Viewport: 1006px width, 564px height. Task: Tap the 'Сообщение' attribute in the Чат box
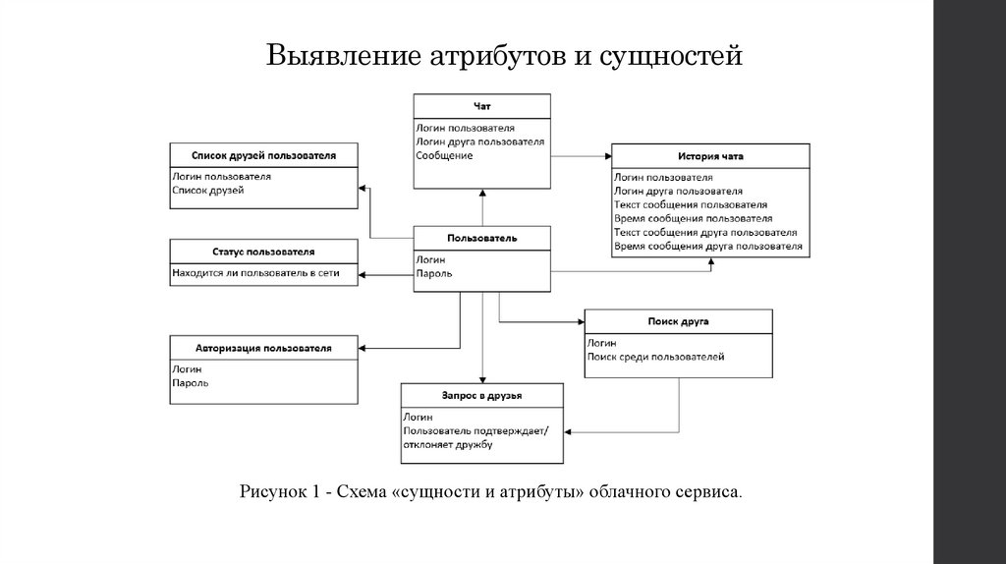pos(444,155)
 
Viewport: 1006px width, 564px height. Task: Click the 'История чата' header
pos(710,156)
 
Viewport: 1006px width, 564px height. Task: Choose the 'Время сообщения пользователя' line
pos(693,218)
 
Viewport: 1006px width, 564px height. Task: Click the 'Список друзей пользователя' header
pos(263,155)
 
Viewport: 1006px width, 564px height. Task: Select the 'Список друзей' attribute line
pos(207,191)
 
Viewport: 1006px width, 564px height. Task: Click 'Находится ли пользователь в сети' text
pos(255,274)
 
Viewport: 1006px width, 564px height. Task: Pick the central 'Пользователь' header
pos(481,238)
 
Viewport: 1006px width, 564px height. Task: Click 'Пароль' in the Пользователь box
pos(434,273)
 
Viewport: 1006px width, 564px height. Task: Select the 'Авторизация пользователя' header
pos(263,348)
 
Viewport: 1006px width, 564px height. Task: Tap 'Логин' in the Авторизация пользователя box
pos(187,368)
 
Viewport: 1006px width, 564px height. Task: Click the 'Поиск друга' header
pos(678,321)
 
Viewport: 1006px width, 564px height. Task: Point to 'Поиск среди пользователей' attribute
pos(655,357)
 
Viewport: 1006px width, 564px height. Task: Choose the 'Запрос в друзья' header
pos(481,395)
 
